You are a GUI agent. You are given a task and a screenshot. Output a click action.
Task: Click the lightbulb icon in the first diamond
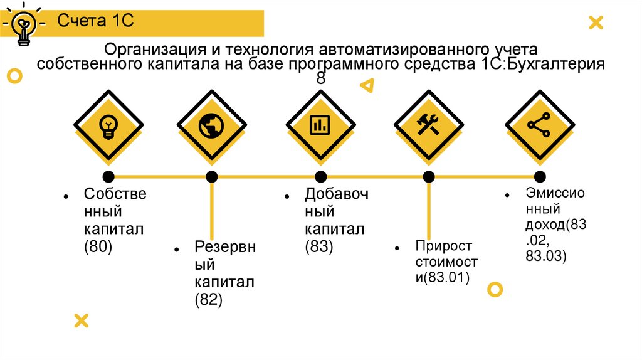[x=108, y=125]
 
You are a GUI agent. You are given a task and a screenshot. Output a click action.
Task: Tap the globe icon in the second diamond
[x=211, y=125]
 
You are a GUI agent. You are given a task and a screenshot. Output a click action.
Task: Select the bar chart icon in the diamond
[x=320, y=125]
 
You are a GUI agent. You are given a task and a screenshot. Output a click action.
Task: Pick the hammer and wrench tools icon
[x=429, y=125]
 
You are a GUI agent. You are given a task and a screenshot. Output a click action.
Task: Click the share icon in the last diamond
[x=539, y=125]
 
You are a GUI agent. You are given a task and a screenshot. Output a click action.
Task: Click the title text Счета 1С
[x=96, y=21]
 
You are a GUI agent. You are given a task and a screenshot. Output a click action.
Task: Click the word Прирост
[x=443, y=245]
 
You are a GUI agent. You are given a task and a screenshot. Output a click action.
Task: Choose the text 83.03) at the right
[x=546, y=256]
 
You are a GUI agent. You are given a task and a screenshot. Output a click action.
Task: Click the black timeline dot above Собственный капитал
[x=108, y=176]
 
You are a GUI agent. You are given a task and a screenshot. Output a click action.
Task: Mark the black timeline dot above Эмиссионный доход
[x=539, y=176]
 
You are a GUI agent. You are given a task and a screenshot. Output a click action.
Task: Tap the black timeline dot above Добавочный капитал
[x=320, y=176]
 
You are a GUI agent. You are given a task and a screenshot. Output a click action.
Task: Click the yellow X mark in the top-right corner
[x=596, y=24]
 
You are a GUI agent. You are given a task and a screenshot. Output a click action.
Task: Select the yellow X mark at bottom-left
[x=81, y=320]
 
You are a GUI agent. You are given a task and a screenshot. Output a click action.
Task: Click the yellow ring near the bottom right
[x=495, y=289]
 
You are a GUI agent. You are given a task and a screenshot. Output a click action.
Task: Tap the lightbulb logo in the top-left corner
[x=24, y=26]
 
